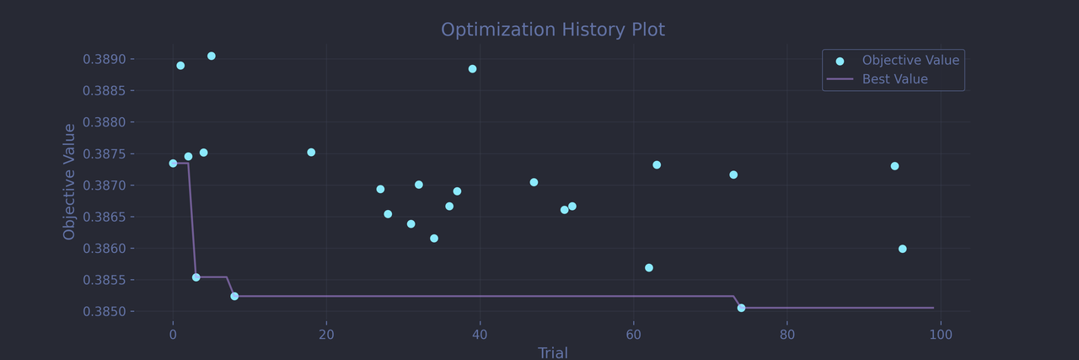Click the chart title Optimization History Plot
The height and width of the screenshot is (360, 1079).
(553, 30)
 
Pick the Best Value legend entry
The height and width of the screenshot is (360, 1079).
(894, 79)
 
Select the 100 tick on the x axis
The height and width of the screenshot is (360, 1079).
(941, 335)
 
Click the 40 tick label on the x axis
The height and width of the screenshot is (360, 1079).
(480, 335)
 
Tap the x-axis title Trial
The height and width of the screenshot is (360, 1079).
(553, 353)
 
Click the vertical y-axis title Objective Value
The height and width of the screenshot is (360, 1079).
(70, 181)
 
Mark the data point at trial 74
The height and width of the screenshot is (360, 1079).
(741, 308)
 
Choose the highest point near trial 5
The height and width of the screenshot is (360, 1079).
(212, 56)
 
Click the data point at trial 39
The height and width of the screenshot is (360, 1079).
(472, 69)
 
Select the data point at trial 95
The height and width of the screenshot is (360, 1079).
(902, 249)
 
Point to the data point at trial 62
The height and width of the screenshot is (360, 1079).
(649, 268)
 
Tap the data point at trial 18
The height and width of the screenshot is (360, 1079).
(311, 153)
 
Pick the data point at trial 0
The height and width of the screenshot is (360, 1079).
(173, 164)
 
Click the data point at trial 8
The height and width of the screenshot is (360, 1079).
(234, 296)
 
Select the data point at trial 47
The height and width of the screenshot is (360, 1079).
(534, 182)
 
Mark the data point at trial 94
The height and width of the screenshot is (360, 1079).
(894, 166)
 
